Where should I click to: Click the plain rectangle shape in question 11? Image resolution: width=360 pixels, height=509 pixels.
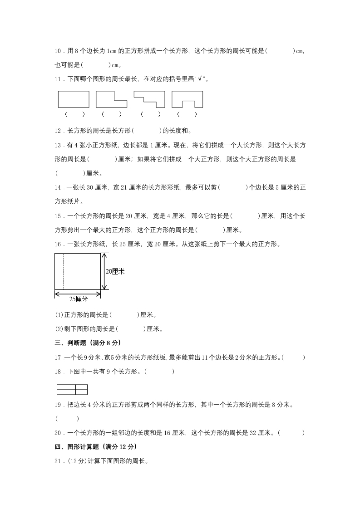tap(74, 99)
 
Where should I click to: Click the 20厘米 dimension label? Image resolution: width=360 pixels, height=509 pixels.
tap(115, 271)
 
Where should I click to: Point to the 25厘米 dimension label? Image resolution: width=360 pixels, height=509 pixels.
tap(79, 299)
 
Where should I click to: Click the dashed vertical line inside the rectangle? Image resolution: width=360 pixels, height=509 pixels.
tap(64, 271)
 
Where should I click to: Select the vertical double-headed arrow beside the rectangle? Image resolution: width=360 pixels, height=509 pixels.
tap(104, 271)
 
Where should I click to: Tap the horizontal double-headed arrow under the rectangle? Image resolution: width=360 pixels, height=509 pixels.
tap(78, 294)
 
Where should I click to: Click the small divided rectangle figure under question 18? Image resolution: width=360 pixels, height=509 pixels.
tap(72, 389)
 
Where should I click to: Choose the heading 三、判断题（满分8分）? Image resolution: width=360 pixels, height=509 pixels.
tap(88, 343)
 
